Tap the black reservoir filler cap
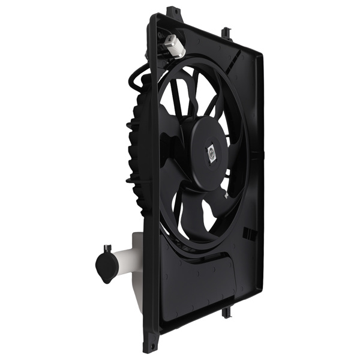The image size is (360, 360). pos(105,267)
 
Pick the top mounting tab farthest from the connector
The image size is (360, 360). pos(226,32)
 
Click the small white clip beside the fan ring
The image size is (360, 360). pos(225,195)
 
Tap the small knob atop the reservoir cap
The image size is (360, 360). pos(107,248)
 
